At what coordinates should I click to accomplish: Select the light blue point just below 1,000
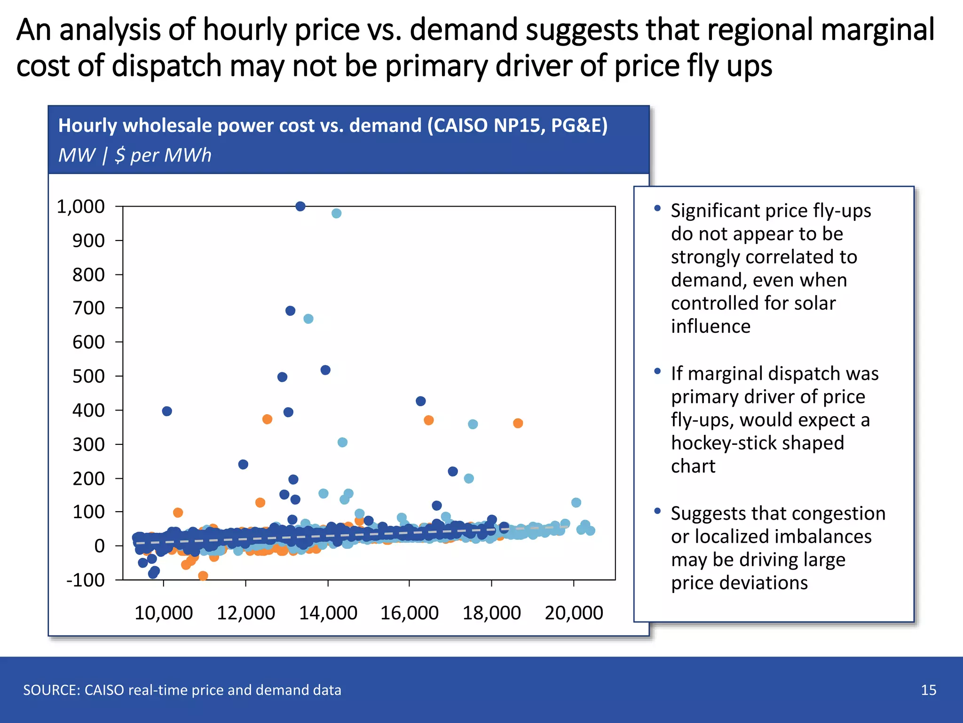tap(336, 213)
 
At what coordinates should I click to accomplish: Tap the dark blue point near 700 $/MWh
tap(290, 311)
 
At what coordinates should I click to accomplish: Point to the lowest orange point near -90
tap(203, 576)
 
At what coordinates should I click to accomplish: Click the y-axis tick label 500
tap(88, 376)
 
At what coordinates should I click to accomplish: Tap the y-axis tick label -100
tap(86, 580)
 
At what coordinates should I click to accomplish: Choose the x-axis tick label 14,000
tap(328, 613)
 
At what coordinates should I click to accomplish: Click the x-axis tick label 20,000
tap(574, 613)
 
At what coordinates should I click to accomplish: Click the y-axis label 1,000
tap(80, 206)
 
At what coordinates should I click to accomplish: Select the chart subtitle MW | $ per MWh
tap(135, 155)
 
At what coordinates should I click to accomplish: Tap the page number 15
tap(928, 690)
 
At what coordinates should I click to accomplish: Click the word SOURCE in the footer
tap(50, 690)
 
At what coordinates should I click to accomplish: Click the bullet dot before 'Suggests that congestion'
tap(657, 511)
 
